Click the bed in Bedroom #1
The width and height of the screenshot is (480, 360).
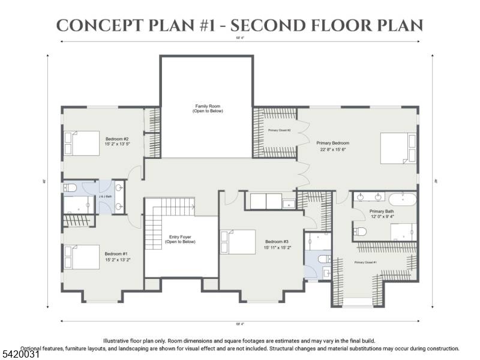coord(81,257)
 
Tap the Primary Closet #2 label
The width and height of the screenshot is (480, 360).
coord(279,130)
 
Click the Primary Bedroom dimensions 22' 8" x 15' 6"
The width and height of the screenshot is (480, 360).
coord(332,149)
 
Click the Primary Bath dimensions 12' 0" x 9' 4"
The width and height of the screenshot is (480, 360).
coord(381,217)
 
